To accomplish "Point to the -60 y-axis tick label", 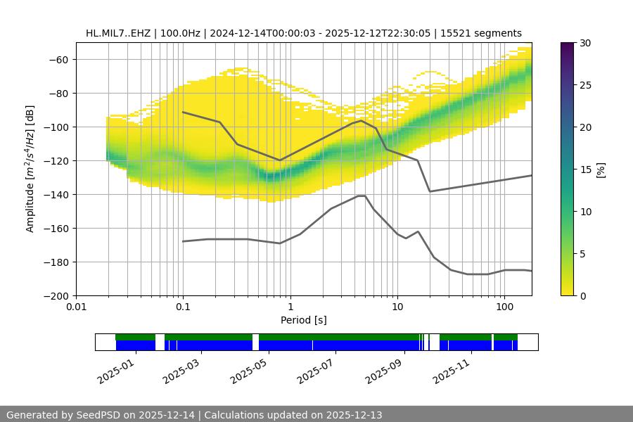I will point(60,60).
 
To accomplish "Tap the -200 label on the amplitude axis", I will point(57,296).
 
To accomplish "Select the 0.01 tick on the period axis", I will point(76,307).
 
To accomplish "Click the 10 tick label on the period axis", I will point(397,307).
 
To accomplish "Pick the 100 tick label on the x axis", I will point(504,307).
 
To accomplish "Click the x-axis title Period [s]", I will point(304,320).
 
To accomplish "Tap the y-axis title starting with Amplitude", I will point(30,169).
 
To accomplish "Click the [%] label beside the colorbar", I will point(600,169).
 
